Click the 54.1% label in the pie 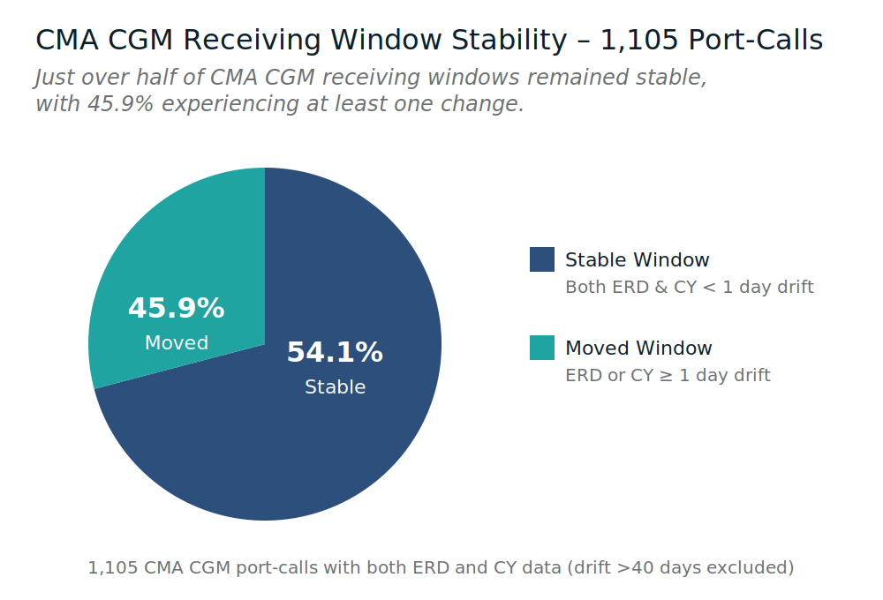335,353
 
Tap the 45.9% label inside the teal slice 177,309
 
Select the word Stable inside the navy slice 335,387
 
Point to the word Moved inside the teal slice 177,343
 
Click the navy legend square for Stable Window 542,259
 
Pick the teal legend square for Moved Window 542,348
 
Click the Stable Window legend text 637,260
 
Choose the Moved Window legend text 638,349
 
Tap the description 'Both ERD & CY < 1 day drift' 689,288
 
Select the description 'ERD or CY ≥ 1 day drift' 668,376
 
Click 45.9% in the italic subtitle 121,104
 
